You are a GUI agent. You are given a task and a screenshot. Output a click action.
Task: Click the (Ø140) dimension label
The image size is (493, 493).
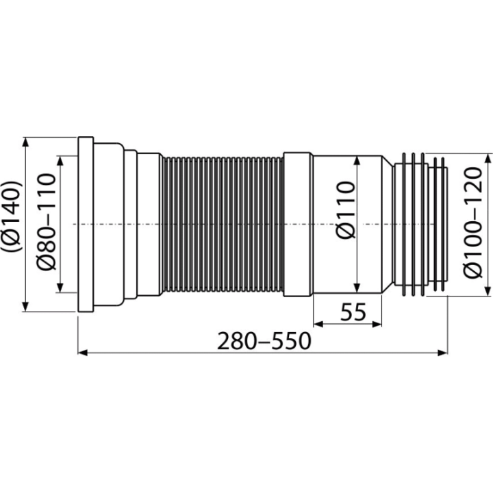pyautogui.click(x=12, y=216)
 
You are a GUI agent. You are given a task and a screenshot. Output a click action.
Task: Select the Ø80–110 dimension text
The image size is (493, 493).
pyautogui.click(x=47, y=222)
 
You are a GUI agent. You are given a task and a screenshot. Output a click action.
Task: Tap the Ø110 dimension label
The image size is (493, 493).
pyautogui.click(x=345, y=210)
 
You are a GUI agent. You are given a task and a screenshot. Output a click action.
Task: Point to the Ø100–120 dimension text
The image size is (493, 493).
pyautogui.click(x=473, y=223)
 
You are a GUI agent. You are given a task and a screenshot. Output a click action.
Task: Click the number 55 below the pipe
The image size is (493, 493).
pyautogui.click(x=353, y=312)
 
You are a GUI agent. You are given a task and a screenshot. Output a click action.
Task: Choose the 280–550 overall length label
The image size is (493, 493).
pyautogui.click(x=264, y=341)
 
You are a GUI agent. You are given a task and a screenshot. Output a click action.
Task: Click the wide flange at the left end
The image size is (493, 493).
pyautogui.click(x=86, y=224)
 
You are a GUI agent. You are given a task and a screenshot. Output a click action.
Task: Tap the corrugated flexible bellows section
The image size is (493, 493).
pyautogui.click(x=223, y=225)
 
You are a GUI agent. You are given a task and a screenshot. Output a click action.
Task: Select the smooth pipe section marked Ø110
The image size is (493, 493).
pyautogui.click(x=347, y=225)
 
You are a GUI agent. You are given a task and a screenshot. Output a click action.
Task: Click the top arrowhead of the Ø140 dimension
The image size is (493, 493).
pyautogui.click(x=26, y=142)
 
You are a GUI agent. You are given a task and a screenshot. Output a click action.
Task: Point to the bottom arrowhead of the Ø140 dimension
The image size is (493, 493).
pyautogui.click(x=26, y=307)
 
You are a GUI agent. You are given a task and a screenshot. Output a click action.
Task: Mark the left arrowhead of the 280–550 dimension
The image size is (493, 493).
pyautogui.click(x=83, y=353)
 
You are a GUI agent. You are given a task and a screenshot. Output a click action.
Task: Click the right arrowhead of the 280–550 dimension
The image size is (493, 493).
pyautogui.click(x=442, y=353)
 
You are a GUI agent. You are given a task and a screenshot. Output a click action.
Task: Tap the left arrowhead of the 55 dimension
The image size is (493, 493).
pyautogui.click(x=318, y=324)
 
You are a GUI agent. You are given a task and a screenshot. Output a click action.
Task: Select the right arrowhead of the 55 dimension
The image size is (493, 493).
pyautogui.click(x=377, y=324)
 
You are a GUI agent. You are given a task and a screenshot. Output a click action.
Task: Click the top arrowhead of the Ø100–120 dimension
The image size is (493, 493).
pyautogui.click(x=488, y=158)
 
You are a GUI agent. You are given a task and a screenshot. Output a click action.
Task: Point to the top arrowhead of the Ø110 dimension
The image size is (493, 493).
pyautogui.click(x=357, y=160)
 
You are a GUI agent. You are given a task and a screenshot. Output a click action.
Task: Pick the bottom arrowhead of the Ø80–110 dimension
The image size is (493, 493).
pyautogui.click(x=60, y=288)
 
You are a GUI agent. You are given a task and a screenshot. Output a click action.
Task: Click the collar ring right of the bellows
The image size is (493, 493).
pyautogui.click(x=298, y=225)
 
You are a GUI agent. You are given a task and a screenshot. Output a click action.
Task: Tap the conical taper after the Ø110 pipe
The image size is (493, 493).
pyautogui.click(x=388, y=225)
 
